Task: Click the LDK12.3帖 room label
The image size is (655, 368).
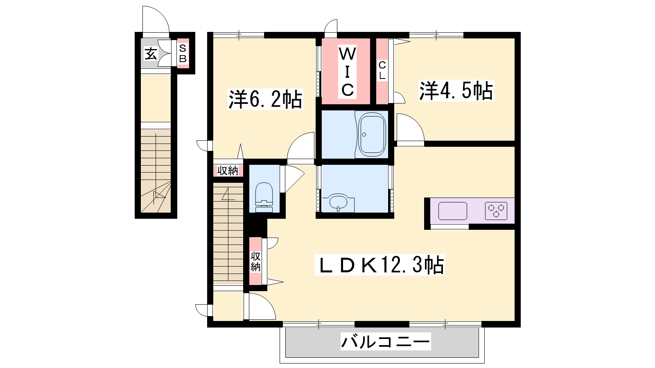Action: pos(379,265)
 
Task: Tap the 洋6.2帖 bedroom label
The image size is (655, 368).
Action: pos(265,99)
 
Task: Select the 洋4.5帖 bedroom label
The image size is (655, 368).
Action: pos(456,91)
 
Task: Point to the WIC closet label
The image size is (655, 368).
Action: pos(347,72)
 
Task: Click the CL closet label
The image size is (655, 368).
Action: pos(382,70)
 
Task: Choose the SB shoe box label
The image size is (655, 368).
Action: pos(183,54)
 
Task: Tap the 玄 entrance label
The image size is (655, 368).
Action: pos(151,54)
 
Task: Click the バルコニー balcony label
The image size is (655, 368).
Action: pos(385,341)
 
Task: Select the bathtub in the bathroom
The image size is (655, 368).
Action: pos(372,135)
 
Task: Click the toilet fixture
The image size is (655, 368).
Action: pos(264,197)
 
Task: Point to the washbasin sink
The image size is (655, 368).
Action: pos(338,202)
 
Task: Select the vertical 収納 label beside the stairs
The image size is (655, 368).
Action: pos(255,261)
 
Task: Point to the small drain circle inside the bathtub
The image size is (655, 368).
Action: pos(364,135)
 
